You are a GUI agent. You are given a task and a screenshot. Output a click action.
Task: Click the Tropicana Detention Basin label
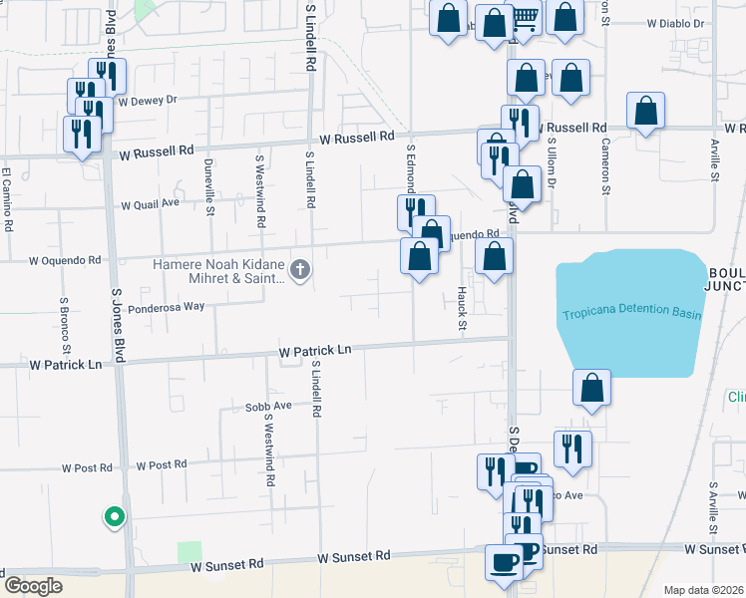631,315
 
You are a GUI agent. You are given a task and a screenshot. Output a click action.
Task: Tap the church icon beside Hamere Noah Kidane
300,269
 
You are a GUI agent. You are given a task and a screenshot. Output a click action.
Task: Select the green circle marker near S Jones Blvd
115,516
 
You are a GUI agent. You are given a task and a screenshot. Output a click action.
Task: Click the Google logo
32,586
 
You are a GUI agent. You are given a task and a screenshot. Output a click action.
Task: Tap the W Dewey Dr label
147,100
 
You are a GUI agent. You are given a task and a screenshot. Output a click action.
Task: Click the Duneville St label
209,187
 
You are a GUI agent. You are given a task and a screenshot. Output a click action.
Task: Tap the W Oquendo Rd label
65,260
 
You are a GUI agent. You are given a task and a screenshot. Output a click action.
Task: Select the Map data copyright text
703,590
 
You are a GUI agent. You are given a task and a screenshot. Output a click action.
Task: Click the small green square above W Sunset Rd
188,552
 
